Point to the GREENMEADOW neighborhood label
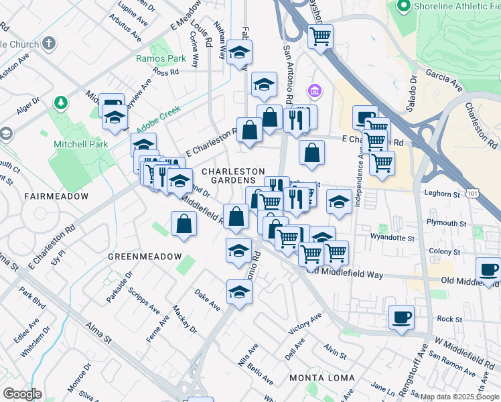point(144,257)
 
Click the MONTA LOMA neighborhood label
point(321,378)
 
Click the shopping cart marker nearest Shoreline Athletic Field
point(320,36)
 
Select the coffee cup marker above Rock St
point(401,317)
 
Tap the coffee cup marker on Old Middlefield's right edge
point(488,270)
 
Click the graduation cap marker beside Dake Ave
point(239,291)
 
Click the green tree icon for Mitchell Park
point(61,103)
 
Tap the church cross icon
point(48,44)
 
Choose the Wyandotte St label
point(394,237)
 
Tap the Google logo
point(23,394)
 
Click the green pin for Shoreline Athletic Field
point(404,7)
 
